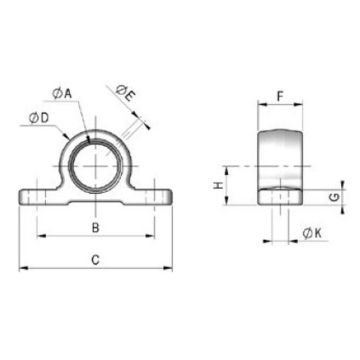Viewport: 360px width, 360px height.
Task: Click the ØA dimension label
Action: (62, 93)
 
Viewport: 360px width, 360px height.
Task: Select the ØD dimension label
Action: (39, 118)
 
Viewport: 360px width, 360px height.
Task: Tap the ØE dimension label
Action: (125, 93)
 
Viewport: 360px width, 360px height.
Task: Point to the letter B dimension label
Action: (96, 228)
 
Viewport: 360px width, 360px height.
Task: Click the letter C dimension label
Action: (96, 260)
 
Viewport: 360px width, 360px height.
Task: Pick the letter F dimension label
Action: (280, 97)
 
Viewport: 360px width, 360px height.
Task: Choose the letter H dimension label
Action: (218, 185)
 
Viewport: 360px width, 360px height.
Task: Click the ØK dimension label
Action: (312, 234)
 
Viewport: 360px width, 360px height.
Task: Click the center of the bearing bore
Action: (96, 166)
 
